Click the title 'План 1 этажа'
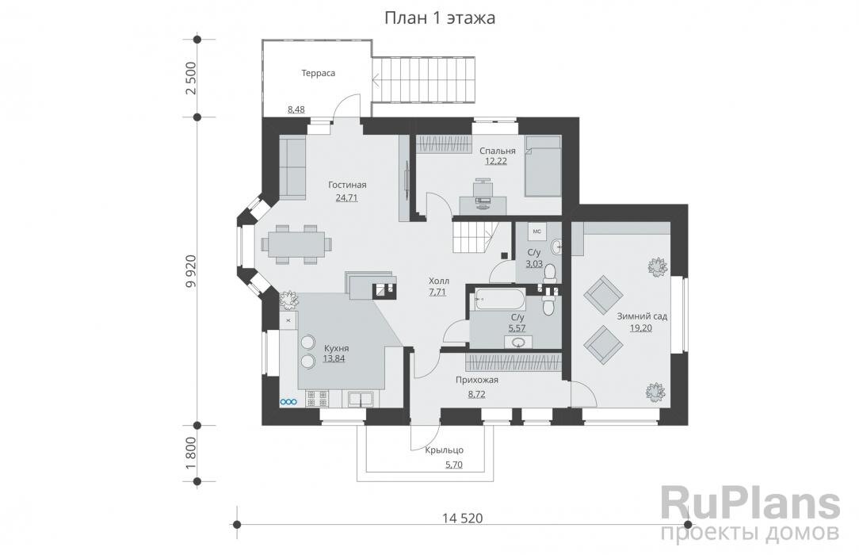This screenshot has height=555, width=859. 439,18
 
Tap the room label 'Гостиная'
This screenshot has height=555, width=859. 347,185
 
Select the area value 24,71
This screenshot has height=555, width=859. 347,197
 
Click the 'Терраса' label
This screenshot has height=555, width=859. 319,73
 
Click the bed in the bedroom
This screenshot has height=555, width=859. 542,166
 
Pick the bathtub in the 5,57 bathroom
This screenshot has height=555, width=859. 497,299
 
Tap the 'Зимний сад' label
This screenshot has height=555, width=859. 642,316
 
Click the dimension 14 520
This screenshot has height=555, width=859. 462,518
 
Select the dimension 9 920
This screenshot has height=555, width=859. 190,270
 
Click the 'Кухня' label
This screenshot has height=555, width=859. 336,348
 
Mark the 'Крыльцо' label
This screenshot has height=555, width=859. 445,450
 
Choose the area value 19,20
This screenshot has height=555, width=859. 641,329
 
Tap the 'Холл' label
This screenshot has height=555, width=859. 439,281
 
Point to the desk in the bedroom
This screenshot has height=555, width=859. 483,204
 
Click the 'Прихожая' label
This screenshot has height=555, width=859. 477,381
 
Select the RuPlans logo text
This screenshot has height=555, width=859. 750,504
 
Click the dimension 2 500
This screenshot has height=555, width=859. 190,78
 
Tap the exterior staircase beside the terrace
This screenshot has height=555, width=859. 424,81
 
